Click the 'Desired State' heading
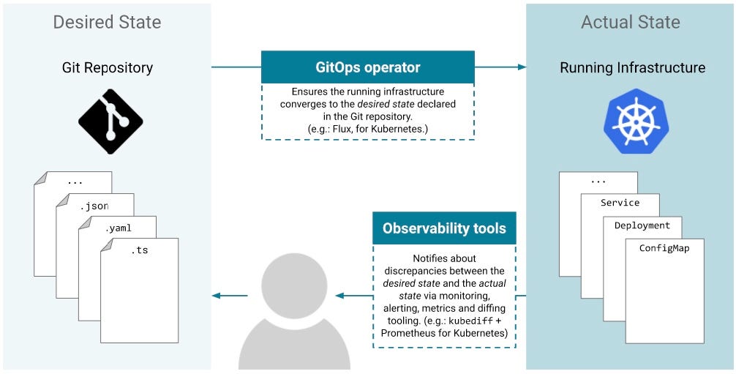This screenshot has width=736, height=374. click(x=107, y=22)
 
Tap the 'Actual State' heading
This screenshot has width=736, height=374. click(x=630, y=22)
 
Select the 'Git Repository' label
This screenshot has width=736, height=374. click(x=107, y=68)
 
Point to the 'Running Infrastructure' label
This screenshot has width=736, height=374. click(x=632, y=68)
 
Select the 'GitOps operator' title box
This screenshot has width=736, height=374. click(x=367, y=67)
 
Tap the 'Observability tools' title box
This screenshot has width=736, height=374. click(x=444, y=228)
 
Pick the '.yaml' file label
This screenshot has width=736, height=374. click(x=118, y=228)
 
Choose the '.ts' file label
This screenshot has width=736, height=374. click(x=139, y=250)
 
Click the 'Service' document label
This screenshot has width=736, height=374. click(x=620, y=203)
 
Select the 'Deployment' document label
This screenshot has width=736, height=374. click(x=642, y=225)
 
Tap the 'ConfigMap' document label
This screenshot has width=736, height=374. click(x=664, y=248)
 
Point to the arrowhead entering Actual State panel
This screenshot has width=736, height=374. click(x=522, y=67)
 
